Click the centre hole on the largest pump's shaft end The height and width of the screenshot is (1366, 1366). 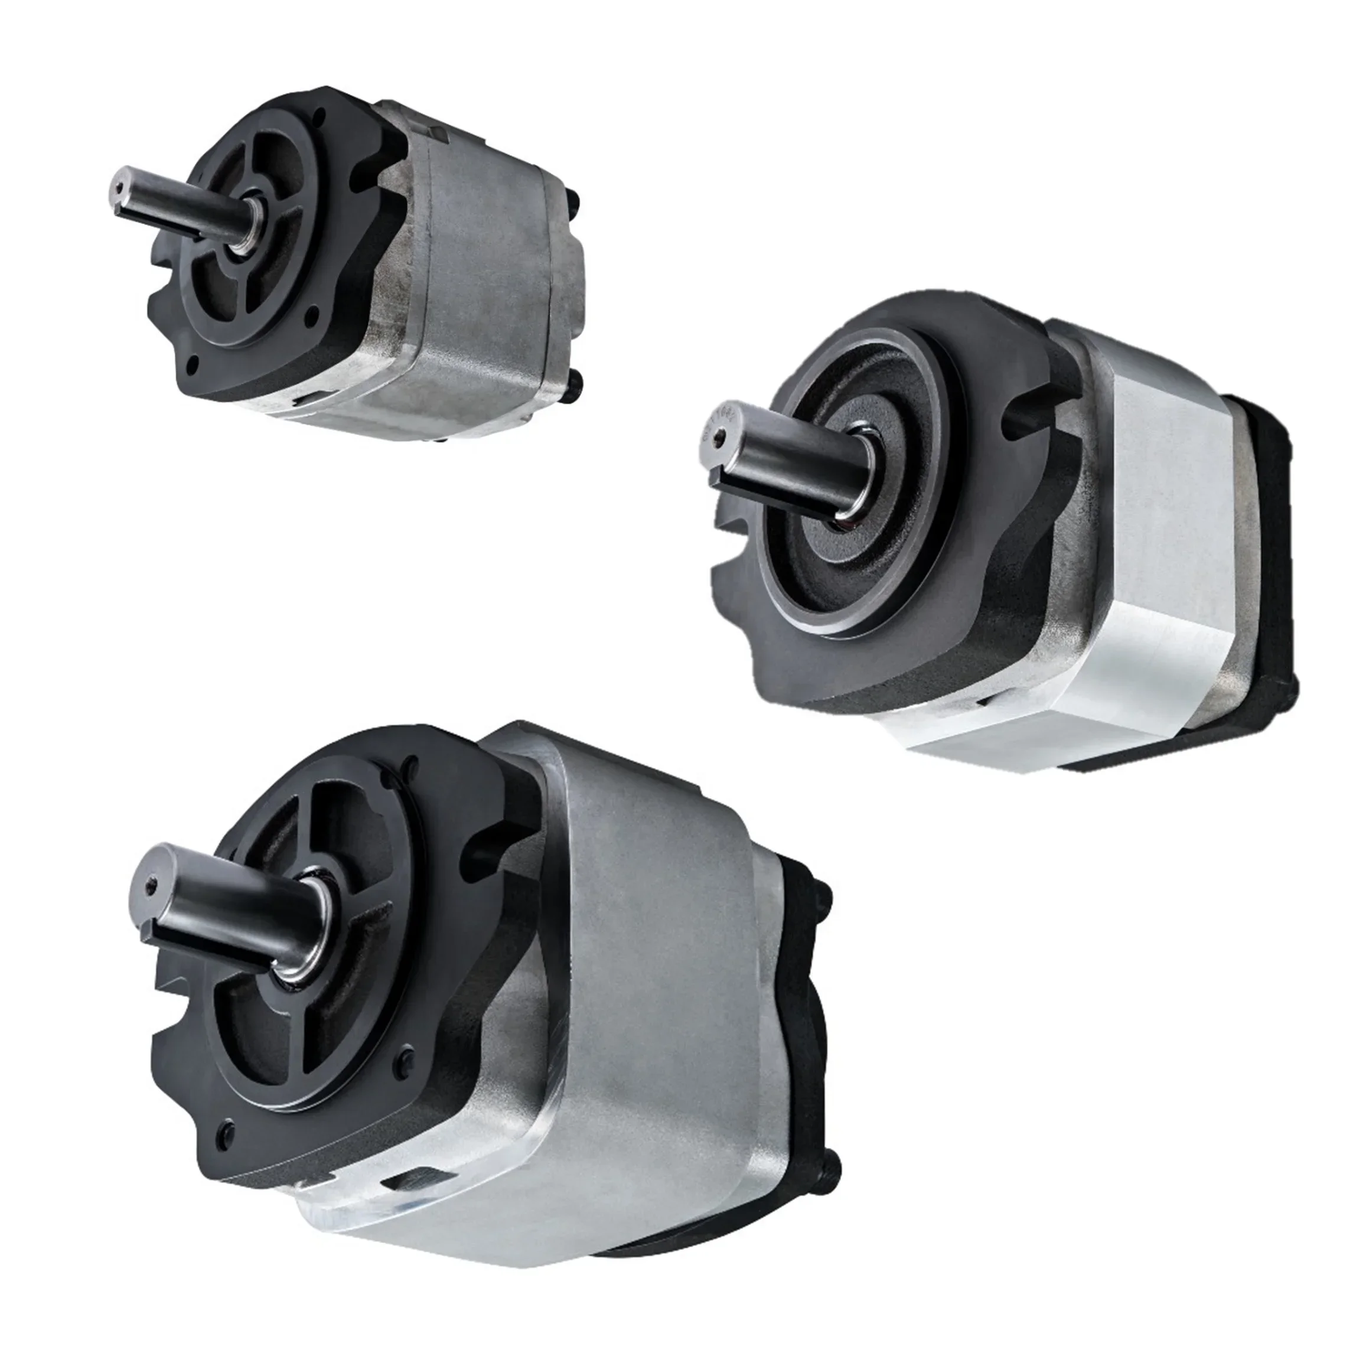pyautogui.click(x=148, y=885)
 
